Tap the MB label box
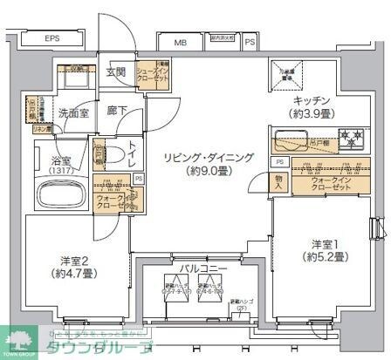click(180, 41)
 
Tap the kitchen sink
click(290, 140)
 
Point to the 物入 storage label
click(278, 182)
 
